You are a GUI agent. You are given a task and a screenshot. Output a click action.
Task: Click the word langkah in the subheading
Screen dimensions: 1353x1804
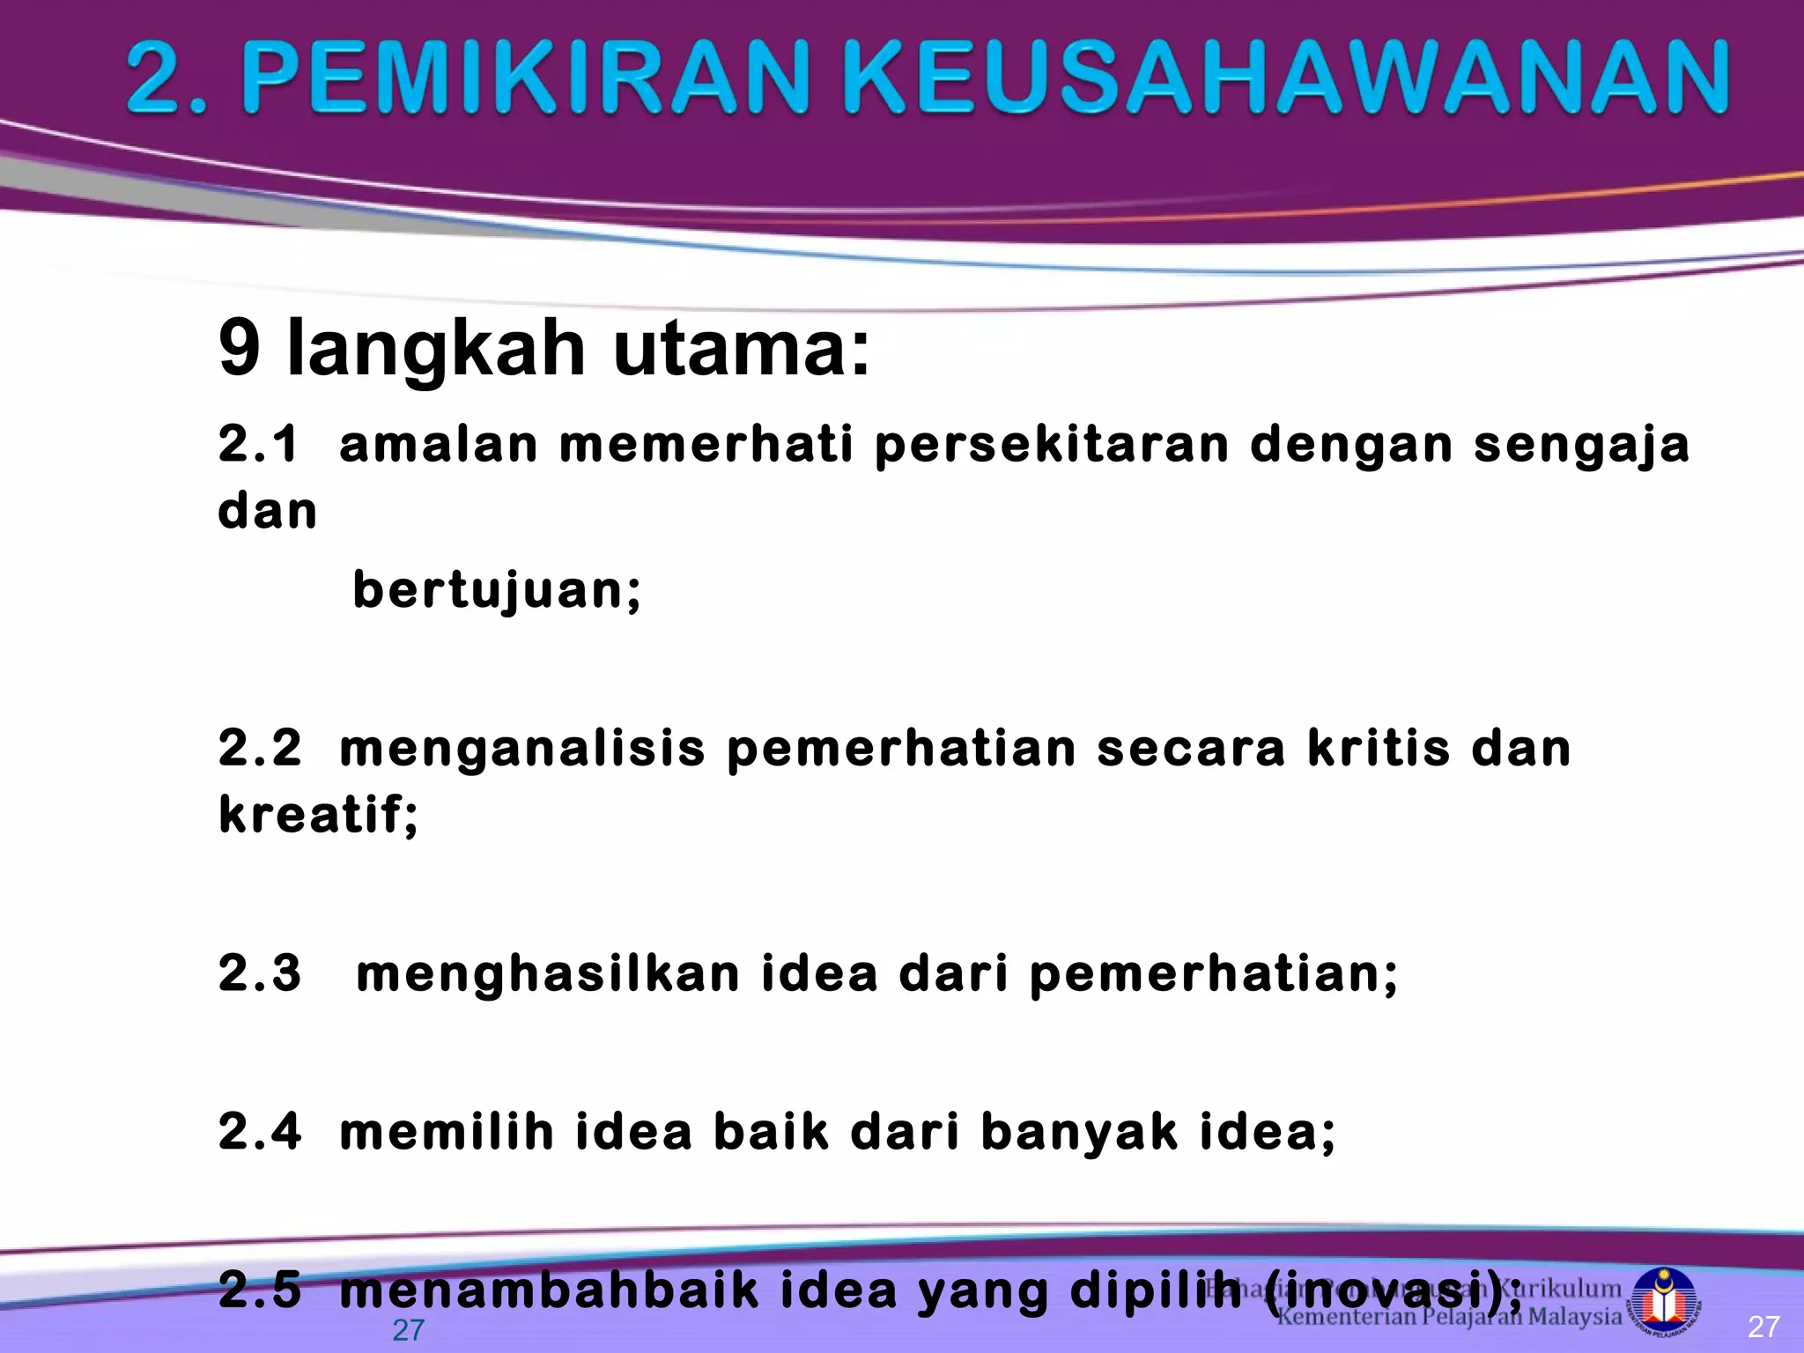[436, 350]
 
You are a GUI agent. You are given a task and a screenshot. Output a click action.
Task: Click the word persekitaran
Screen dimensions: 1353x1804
[1052, 445]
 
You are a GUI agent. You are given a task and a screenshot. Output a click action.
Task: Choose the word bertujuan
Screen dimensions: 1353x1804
[496, 590]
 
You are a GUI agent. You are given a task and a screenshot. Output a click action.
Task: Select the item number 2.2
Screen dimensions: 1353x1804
[260, 748]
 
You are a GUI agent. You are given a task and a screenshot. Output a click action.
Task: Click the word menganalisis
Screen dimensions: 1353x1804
[522, 750]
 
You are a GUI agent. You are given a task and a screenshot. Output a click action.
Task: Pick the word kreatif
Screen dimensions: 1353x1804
[317, 814]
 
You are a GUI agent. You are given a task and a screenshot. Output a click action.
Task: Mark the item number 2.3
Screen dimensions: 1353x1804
[260, 973]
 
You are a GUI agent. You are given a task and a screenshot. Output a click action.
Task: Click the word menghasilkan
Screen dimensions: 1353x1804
[548, 973]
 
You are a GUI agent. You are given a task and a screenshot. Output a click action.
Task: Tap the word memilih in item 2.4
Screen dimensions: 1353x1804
[447, 1132]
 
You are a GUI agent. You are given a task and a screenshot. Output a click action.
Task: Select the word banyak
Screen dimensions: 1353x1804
[1078, 1134]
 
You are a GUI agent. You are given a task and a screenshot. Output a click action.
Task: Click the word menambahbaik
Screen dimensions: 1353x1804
[549, 1290]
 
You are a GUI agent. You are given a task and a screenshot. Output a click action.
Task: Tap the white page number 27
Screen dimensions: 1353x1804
[1763, 1327]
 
